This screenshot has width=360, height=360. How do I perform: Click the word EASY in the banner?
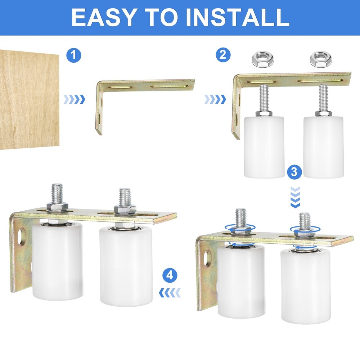(x=102, y=17)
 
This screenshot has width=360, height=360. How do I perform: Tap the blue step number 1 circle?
(x=74, y=55)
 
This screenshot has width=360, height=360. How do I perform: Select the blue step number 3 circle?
(x=295, y=172)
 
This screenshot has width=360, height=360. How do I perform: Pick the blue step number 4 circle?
(x=170, y=276)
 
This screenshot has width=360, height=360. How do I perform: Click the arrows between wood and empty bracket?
(x=75, y=99)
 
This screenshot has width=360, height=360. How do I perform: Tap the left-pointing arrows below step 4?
(x=170, y=293)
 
